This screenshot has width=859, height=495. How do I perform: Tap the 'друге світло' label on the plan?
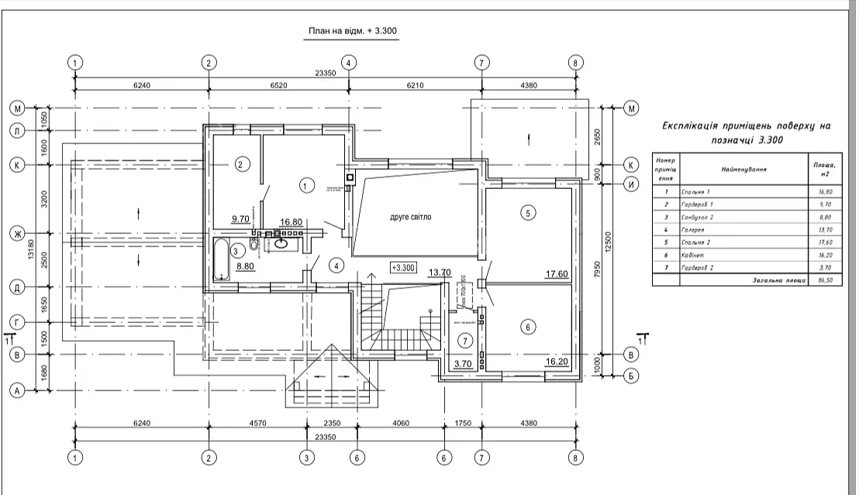(x=410, y=218)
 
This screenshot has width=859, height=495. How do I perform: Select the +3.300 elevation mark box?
(x=404, y=268)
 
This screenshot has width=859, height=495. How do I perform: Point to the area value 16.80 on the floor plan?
(x=291, y=222)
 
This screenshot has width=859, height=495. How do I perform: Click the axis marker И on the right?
(x=632, y=184)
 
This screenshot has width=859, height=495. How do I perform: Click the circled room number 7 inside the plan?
(x=464, y=340)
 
